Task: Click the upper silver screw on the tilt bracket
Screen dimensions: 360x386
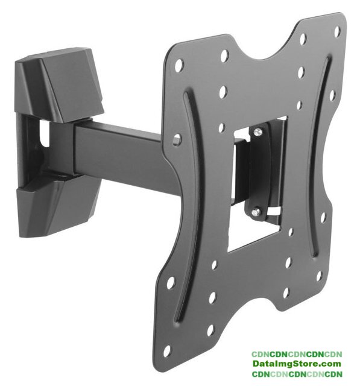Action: pos(257,132)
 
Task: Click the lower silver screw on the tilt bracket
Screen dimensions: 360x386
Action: pos(256,211)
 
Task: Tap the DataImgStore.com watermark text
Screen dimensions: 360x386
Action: pos(297,363)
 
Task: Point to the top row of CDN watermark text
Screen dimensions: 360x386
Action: pos(297,354)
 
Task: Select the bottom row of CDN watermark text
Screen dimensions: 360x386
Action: pos(297,374)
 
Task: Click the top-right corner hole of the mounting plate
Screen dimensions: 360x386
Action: pos(337,31)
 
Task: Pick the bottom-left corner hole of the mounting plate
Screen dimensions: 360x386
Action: pos(167,351)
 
